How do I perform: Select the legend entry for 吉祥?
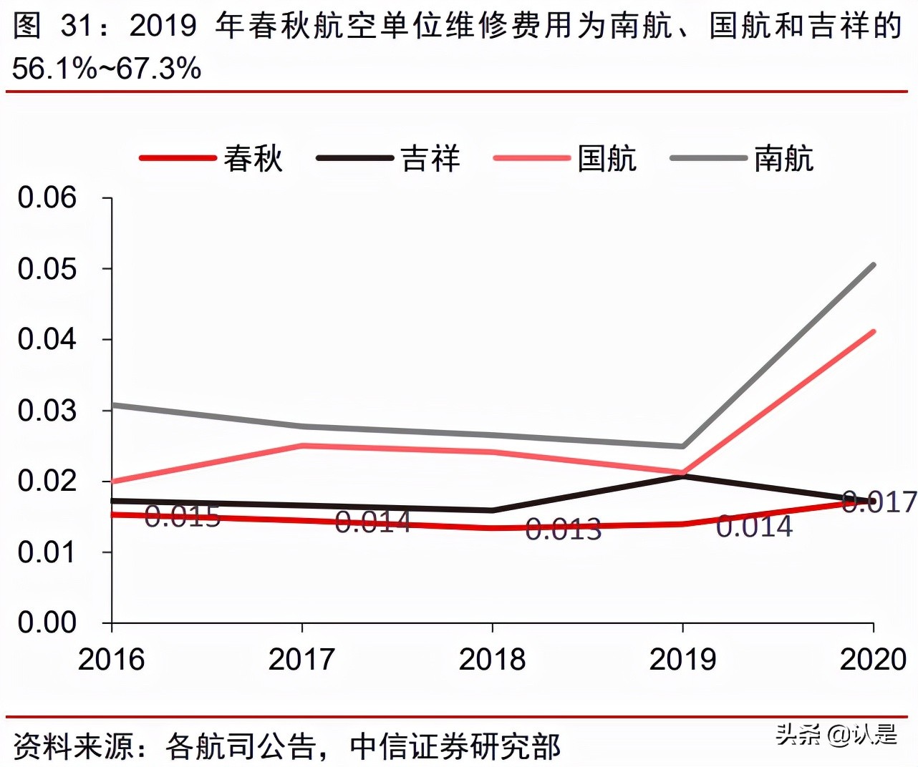pyautogui.click(x=390, y=158)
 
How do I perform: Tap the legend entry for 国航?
pyautogui.click(x=566, y=158)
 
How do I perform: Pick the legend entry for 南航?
pyautogui.click(x=743, y=158)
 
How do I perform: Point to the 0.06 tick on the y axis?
pyautogui.click(x=47, y=197)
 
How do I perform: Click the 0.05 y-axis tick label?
pyautogui.click(x=47, y=268)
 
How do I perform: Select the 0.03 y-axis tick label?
pyautogui.click(x=47, y=410)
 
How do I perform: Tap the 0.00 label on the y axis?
pyautogui.click(x=47, y=622)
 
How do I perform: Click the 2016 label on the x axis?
pyautogui.click(x=111, y=659)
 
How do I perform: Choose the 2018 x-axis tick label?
pyautogui.click(x=492, y=659)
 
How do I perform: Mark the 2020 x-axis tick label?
pyautogui.click(x=873, y=659)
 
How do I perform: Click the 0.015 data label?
pyautogui.click(x=182, y=516)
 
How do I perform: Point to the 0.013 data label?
pyautogui.click(x=563, y=529)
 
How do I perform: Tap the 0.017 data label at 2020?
pyautogui.click(x=879, y=502)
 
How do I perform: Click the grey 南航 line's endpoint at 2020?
pyautogui.click(x=874, y=265)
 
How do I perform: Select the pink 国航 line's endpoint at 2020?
pyautogui.click(x=874, y=331)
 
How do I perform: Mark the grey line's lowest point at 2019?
pyautogui.click(x=682, y=446)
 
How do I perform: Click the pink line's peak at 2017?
pyautogui.click(x=302, y=446)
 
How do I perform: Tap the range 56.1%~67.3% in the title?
pyautogui.click(x=107, y=69)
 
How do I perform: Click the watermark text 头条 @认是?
pyautogui.click(x=836, y=734)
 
